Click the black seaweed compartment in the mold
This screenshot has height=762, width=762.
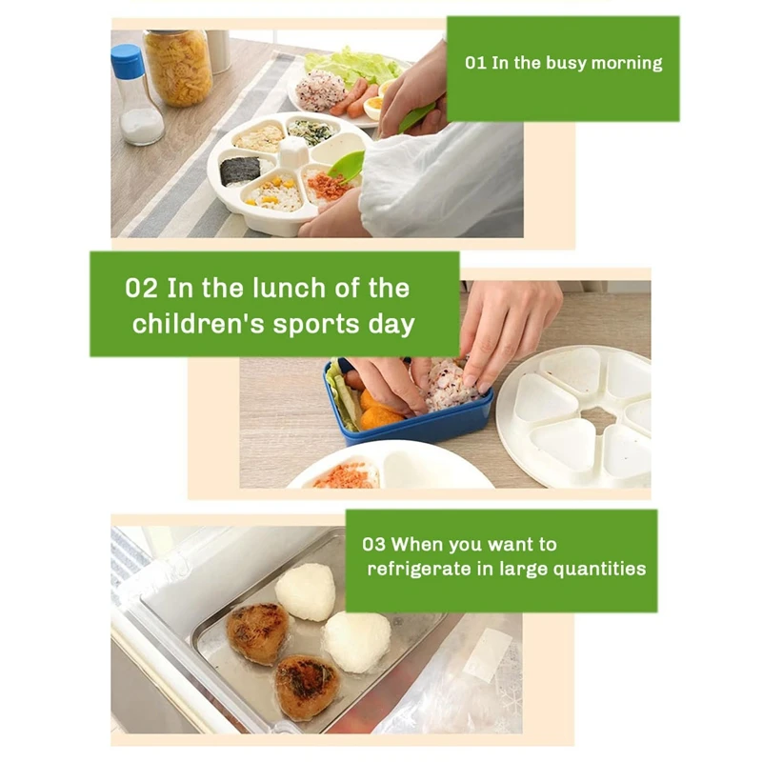pos(241,170)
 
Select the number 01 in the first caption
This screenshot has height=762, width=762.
pos(475,63)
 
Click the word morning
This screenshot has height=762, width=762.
pos(625,63)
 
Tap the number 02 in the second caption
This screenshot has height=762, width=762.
pos(142,288)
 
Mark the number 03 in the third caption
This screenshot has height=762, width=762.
pos(373,545)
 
